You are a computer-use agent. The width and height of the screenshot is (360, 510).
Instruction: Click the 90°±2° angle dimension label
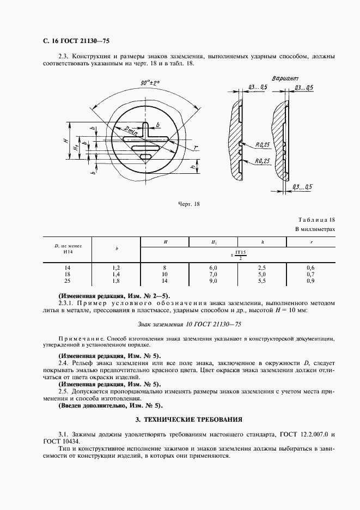[149, 83]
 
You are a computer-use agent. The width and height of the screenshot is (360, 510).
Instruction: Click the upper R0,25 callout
[264, 145]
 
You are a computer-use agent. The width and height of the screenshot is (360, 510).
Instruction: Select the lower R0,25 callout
[264, 161]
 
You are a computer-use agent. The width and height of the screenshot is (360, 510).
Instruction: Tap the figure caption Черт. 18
[189, 204]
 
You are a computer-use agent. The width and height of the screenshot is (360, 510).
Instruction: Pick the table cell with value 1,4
[116, 275]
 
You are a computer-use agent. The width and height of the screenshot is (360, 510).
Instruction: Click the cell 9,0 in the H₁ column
[213, 281]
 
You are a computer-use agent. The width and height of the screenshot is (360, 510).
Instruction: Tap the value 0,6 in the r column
[310, 268]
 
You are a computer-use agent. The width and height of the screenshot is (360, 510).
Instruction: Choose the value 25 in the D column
[68, 281]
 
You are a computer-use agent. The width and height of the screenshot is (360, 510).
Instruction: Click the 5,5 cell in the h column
[261, 281]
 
